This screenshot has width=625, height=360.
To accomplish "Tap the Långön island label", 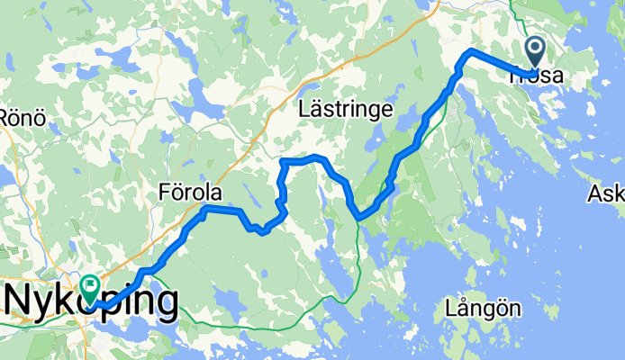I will [483, 309].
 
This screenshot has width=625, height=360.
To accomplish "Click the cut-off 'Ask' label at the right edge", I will [606, 193].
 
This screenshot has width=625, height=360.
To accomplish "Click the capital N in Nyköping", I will [20, 301].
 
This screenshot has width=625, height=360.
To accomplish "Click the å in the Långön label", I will [465, 309].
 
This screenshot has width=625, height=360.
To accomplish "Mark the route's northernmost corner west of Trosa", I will [469, 51].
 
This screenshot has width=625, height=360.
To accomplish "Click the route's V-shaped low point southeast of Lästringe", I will [359, 216].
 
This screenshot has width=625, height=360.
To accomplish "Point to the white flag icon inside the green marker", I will [91, 285].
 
